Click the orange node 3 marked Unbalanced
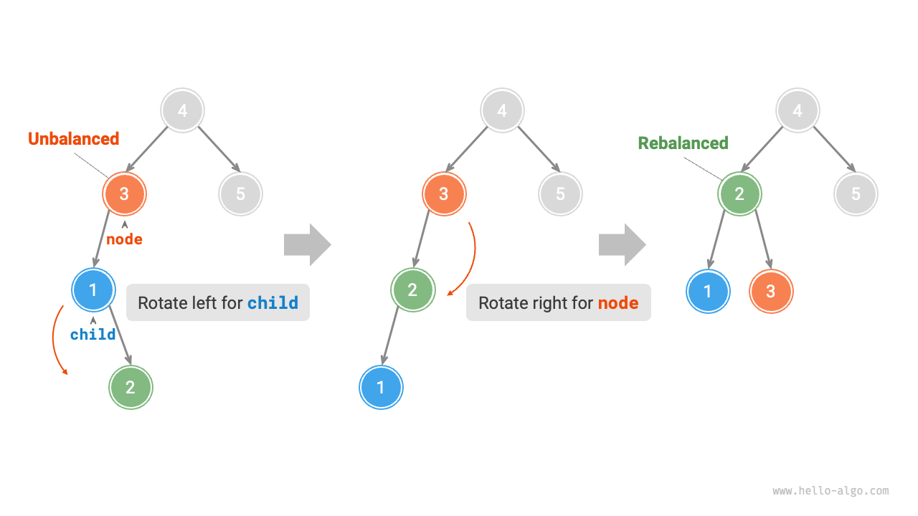[x=124, y=193]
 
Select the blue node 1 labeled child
[x=93, y=290]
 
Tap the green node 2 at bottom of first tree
[x=131, y=387]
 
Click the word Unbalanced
[x=73, y=139]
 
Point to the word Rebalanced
[x=683, y=143]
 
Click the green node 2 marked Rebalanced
[x=739, y=193]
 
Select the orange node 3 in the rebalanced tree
[x=771, y=292]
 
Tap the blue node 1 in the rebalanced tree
[x=708, y=292]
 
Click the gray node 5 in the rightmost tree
[x=856, y=193]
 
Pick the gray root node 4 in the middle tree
[x=502, y=111]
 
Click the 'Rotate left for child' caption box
[x=218, y=302]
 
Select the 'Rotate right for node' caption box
[x=558, y=302]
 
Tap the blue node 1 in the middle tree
[x=381, y=387]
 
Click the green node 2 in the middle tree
[x=412, y=290]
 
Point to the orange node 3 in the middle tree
[x=444, y=193]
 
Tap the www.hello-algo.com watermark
[x=831, y=491]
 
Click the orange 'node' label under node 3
[x=124, y=239]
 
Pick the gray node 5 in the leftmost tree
[x=240, y=193]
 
